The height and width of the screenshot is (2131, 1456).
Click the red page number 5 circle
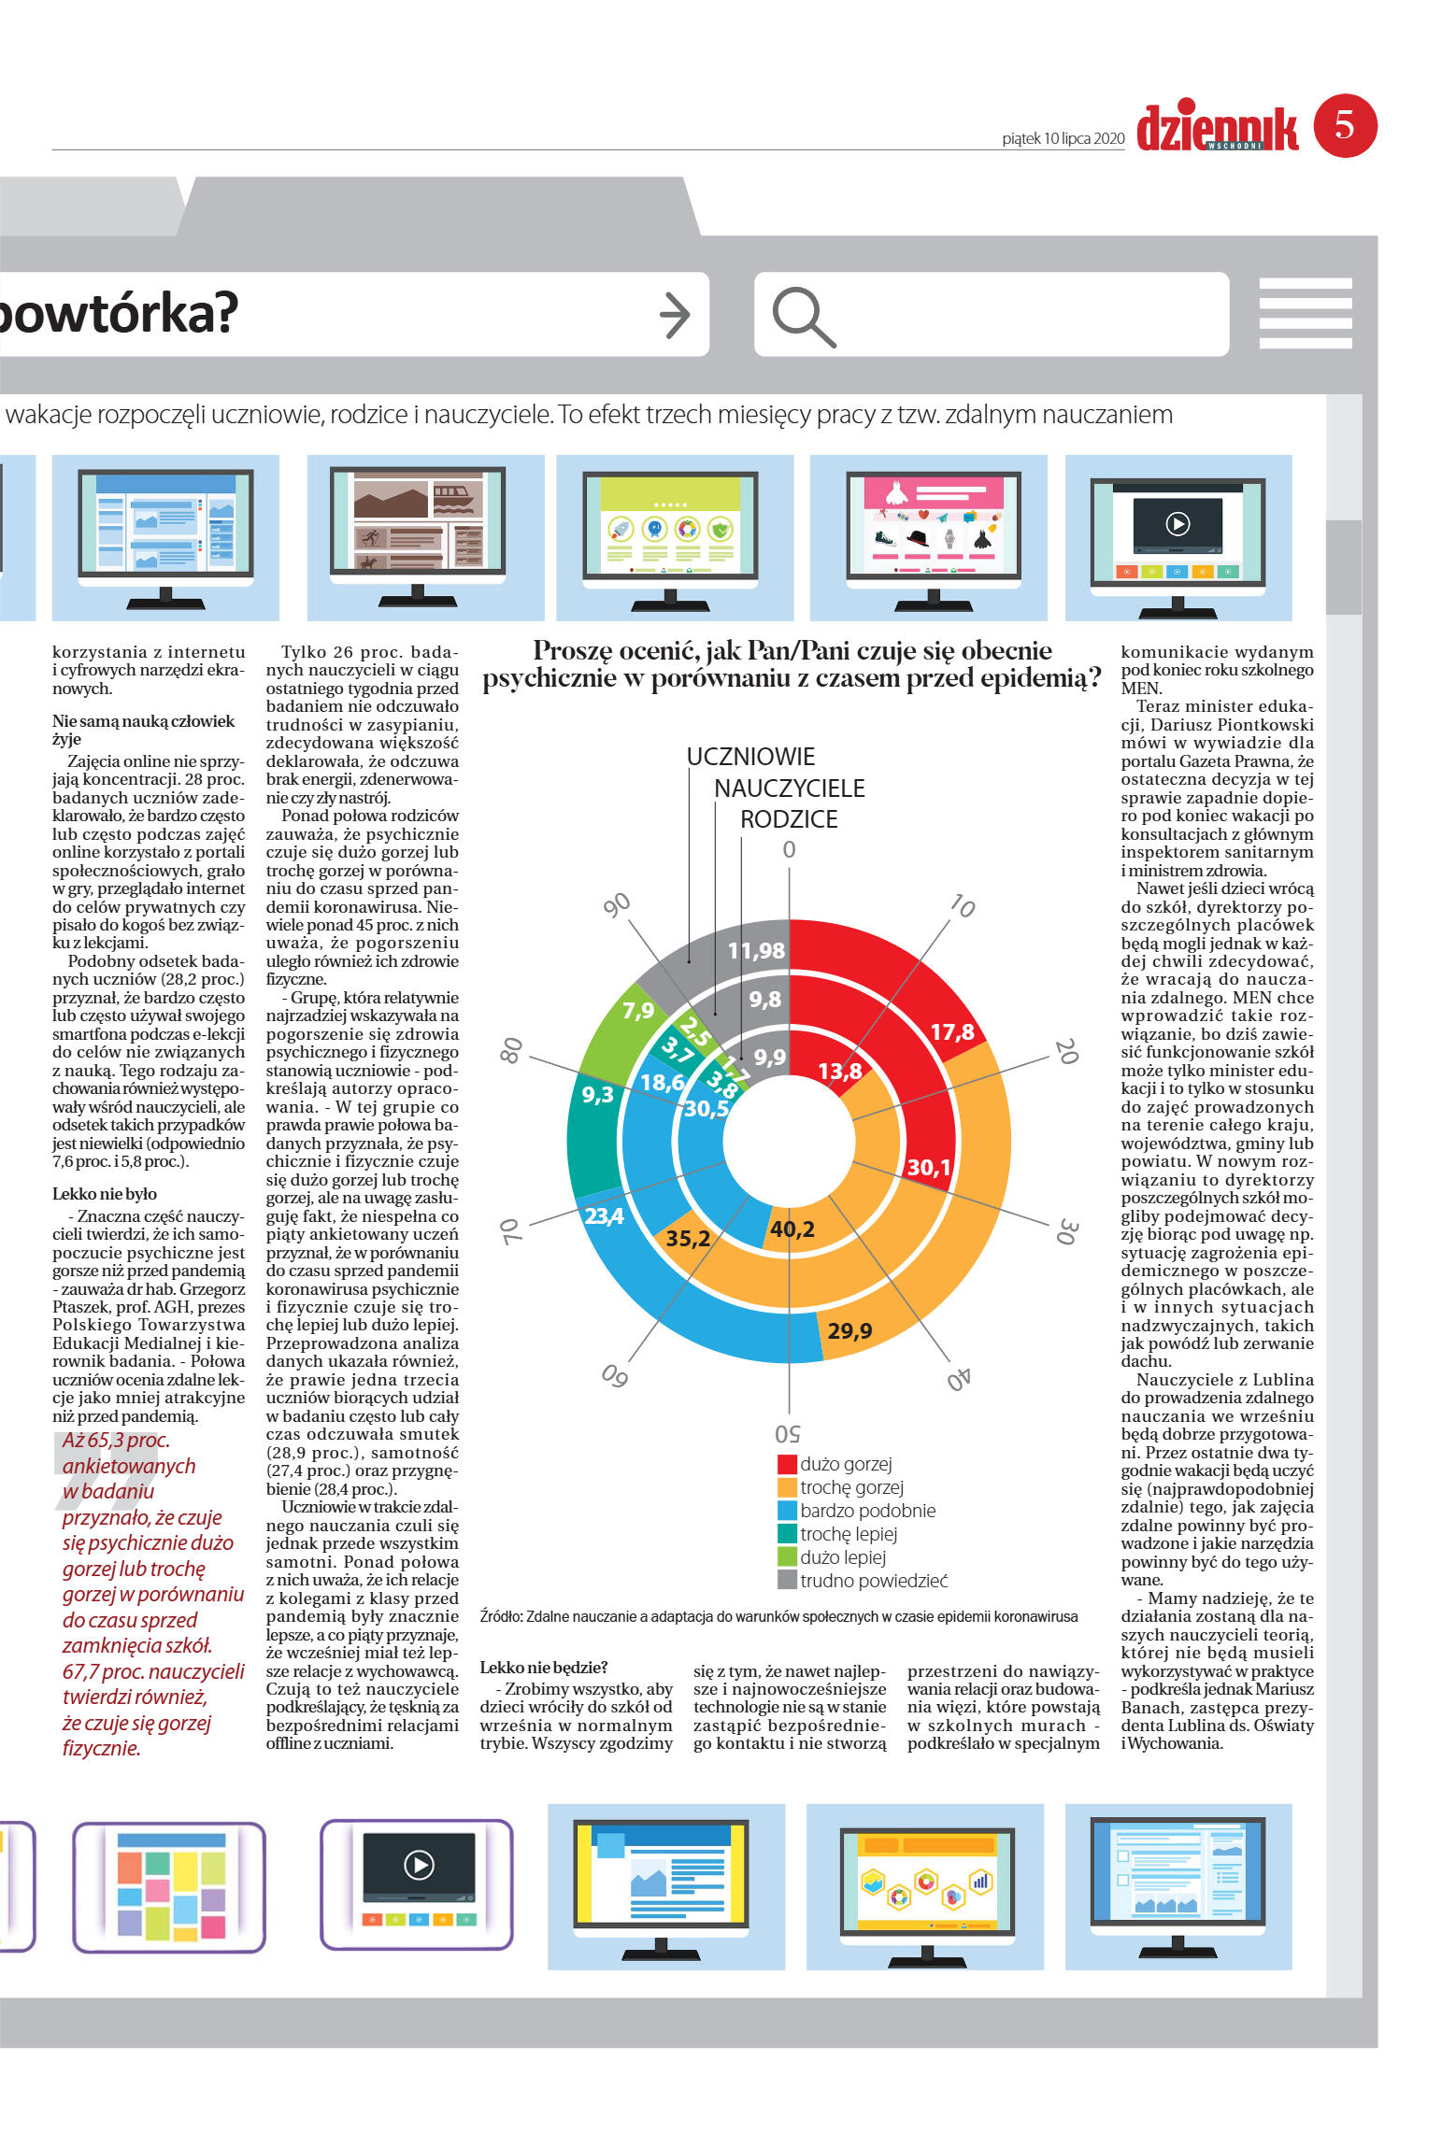pos(1345,125)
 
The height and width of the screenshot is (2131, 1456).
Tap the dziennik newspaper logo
pos(1217,128)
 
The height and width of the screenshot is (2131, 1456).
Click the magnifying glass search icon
pos(803,316)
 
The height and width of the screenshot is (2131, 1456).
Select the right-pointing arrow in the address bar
pos(675,315)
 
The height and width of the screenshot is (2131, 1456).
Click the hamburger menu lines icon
pos(1305,313)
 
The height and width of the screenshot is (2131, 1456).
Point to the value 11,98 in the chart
pos(756,950)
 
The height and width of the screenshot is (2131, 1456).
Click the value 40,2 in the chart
pos(792,1229)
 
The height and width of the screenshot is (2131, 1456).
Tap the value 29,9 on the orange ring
pos(849,1330)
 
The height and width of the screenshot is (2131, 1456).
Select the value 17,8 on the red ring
pos(952,1031)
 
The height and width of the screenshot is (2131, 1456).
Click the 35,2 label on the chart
pos(688,1238)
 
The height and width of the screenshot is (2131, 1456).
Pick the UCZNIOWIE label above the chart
pos(750,757)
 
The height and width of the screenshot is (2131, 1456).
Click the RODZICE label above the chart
pos(789,819)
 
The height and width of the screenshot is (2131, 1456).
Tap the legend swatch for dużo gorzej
pos(787,1464)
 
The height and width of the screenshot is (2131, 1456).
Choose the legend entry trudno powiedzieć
pos(873,1581)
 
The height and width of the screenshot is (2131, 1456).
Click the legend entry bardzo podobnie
pos(867,1511)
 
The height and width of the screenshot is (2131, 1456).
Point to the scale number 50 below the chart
pos(787,1433)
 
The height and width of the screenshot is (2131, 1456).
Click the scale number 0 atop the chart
pos(789,849)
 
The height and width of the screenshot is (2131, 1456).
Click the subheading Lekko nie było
pos(105,1194)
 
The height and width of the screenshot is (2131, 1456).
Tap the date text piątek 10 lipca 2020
pos(1063,138)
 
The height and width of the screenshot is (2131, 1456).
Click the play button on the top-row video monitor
pos(1178,524)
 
